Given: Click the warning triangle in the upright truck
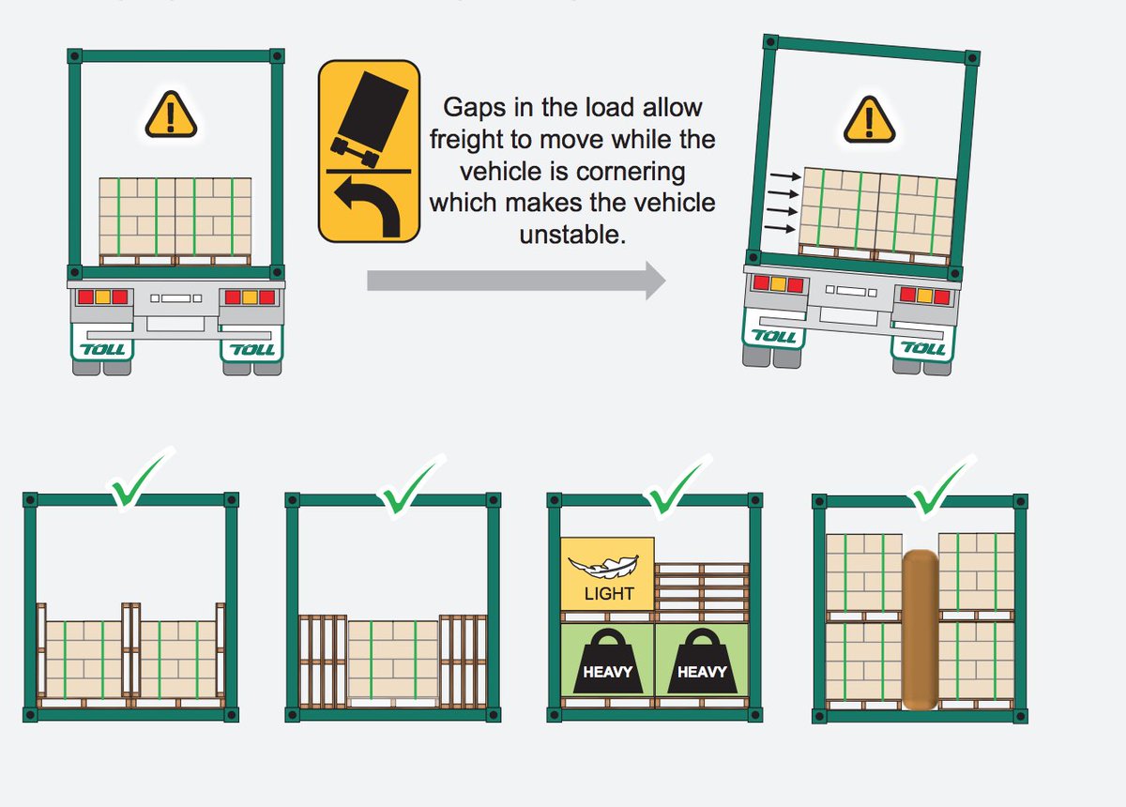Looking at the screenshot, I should click(171, 116).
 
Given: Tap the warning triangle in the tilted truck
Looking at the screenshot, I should click(870, 120).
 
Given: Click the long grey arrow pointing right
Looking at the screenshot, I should click(515, 280).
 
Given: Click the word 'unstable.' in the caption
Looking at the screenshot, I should click(571, 236).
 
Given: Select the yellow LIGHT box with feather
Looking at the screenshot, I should click(608, 573).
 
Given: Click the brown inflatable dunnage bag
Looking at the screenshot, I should click(920, 629).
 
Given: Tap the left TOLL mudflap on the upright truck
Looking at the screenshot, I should click(102, 349).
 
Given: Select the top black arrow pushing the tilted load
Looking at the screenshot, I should click(785, 175).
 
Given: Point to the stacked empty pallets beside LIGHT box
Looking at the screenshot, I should click(702, 586).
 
